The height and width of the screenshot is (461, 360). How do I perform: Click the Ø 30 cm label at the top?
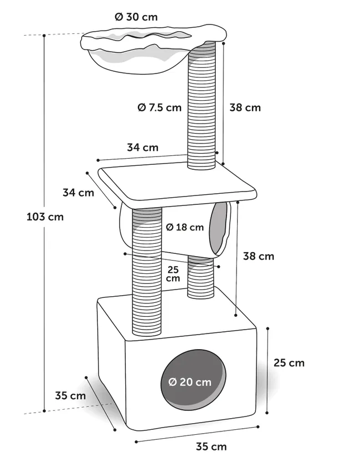click(x=136, y=17)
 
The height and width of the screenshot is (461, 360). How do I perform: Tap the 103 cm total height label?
click(x=45, y=217)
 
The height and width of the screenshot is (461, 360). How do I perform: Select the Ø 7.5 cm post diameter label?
click(x=160, y=107)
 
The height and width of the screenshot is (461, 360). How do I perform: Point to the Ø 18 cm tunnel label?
click(x=185, y=227)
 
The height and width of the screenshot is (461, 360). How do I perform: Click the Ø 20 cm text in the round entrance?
click(x=190, y=382)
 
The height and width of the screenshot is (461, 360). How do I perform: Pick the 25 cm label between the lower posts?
click(x=173, y=274)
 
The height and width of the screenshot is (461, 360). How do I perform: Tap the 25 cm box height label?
click(x=289, y=363)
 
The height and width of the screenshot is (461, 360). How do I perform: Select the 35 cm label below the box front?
click(x=211, y=447)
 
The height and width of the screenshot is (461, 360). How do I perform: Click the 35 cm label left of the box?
click(x=71, y=395)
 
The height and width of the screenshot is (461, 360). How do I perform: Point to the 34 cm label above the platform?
click(x=142, y=147)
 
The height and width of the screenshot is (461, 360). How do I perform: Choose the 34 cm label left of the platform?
click(x=78, y=193)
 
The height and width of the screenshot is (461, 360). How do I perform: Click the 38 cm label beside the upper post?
click(x=245, y=107)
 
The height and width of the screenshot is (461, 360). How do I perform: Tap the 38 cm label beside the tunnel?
click(x=259, y=256)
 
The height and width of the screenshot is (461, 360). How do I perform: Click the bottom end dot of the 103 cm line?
click(x=44, y=411)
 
